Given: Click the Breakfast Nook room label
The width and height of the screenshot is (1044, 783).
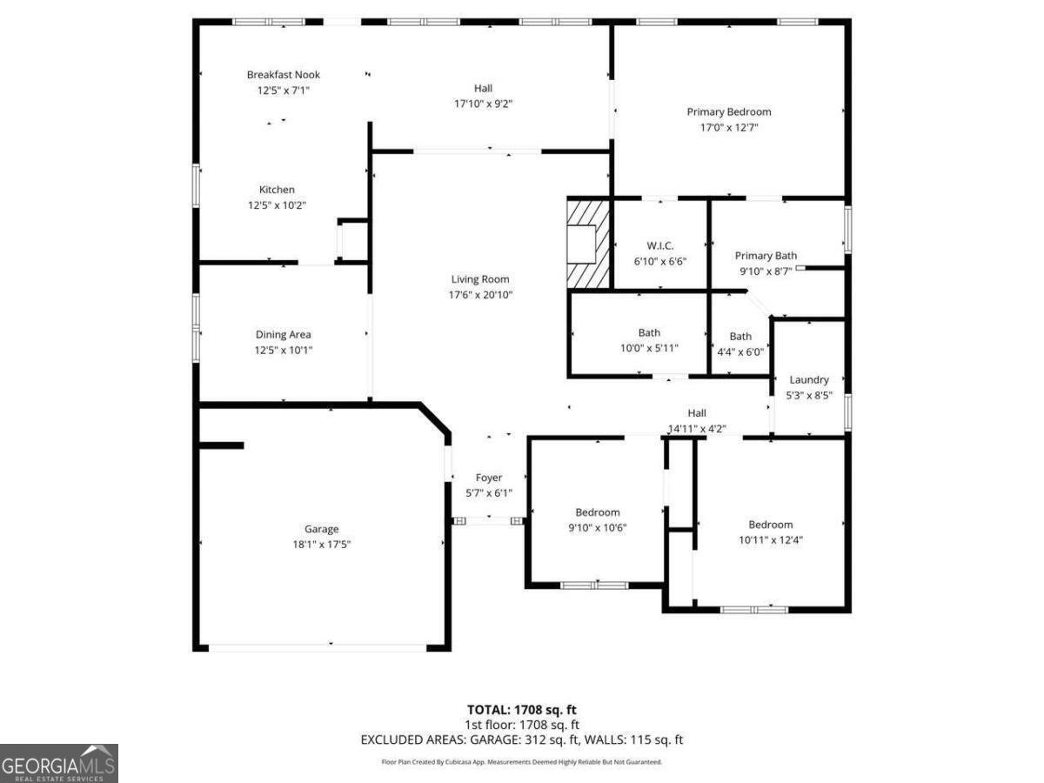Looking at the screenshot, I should (x=283, y=75).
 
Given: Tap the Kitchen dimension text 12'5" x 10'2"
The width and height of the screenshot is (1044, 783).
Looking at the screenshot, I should (x=277, y=205).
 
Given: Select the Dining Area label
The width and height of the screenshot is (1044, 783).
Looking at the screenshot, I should (x=283, y=335).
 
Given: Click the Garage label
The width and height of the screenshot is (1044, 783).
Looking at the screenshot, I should (x=321, y=529).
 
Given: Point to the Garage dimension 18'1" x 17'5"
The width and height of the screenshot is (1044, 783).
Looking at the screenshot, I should (x=321, y=544).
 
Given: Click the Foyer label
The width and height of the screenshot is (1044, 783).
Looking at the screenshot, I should (x=488, y=478).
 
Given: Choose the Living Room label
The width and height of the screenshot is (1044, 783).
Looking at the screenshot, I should (x=479, y=279).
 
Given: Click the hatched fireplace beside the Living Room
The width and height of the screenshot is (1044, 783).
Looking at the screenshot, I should (x=588, y=242).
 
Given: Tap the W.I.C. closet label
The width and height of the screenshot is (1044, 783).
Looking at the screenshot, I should (x=660, y=246).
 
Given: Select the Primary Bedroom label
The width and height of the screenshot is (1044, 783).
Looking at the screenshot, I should (x=728, y=111).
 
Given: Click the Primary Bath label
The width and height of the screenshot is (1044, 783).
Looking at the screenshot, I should (x=766, y=256).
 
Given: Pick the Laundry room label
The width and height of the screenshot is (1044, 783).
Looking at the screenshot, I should (x=808, y=379).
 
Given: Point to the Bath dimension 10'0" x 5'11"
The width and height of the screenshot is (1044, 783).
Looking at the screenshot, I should (x=649, y=348).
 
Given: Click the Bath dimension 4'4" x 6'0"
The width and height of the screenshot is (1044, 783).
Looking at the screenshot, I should (x=740, y=351).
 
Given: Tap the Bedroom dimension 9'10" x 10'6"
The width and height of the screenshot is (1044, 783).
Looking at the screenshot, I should (x=597, y=527).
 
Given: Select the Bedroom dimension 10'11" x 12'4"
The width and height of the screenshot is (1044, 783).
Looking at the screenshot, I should (x=770, y=539).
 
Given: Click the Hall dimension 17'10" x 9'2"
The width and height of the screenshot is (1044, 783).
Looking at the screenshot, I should (x=483, y=104).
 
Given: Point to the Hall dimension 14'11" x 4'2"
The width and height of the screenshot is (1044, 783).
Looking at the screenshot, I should (x=697, y=428).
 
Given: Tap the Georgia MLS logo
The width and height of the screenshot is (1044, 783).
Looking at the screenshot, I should (x=58, y=763).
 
